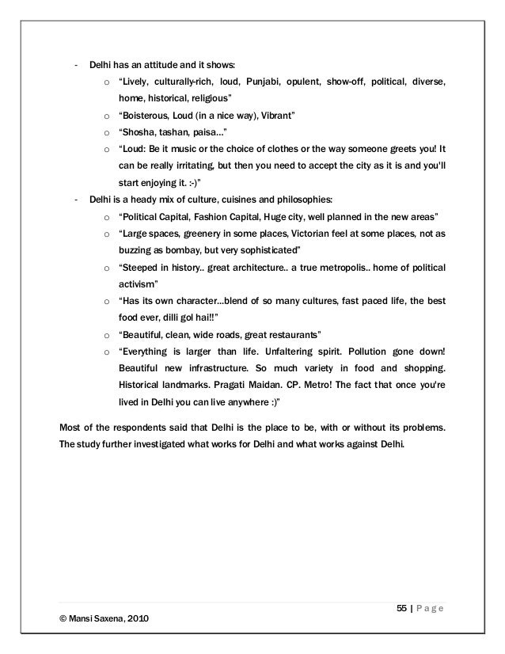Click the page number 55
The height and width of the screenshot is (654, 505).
pyautogui.click(x=401, y=607)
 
